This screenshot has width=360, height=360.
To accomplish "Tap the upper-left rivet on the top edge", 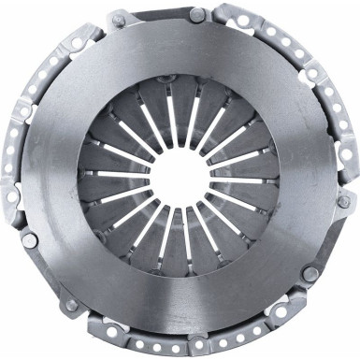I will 119,20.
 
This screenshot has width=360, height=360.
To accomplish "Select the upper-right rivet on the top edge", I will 196,15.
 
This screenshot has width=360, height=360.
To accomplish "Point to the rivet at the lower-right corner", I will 310,273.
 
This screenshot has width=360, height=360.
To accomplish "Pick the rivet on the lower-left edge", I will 31,239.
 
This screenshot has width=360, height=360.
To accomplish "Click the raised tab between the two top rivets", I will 157,14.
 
